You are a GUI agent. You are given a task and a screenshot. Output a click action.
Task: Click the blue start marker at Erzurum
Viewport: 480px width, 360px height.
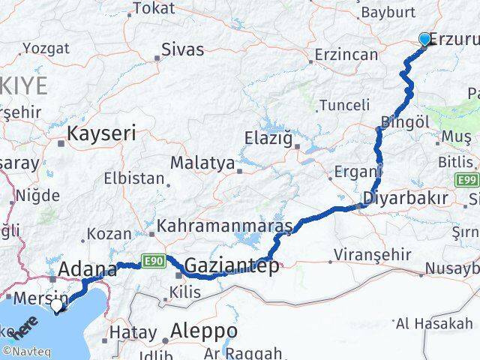[424, 40]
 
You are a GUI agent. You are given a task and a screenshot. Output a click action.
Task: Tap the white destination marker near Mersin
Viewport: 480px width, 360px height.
[58, 305]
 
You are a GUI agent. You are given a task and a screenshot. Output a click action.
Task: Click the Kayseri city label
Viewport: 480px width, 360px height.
[101, 134]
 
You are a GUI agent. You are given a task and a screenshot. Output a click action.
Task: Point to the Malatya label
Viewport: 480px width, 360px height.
[202, 163]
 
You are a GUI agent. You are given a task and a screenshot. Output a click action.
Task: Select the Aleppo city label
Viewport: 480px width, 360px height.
[204, 331]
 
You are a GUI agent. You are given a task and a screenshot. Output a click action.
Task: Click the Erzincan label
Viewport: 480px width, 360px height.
[346, 55]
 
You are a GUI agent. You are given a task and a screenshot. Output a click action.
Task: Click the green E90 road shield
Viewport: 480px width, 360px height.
[153, 261]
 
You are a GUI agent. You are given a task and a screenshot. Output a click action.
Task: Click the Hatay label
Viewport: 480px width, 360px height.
[133, 332]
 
